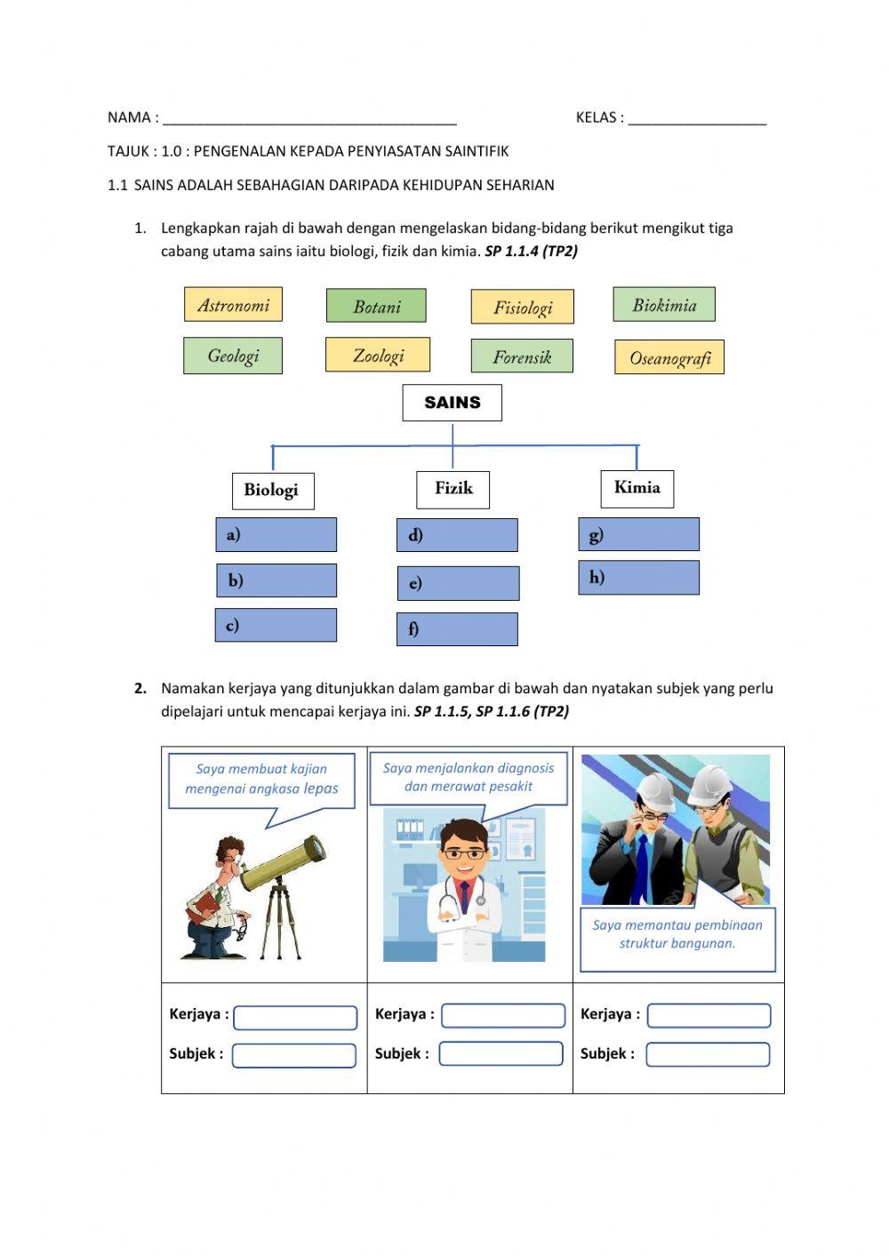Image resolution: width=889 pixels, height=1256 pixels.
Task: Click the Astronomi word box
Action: pos(233,305)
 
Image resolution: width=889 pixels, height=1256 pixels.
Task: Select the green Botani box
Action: pos(376,306)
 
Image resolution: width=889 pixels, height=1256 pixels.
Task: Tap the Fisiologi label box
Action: pos(522,308)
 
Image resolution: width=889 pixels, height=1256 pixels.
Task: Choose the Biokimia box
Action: pos(664,305)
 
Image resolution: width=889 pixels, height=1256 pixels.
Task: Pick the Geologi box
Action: pos(233,356)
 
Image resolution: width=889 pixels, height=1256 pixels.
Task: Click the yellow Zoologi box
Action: pos(378,355)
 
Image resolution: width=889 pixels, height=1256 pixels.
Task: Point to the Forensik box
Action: pos(522,356)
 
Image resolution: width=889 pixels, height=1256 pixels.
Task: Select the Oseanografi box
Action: pos(669,357)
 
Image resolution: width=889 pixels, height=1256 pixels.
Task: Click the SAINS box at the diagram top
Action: pos(452,403)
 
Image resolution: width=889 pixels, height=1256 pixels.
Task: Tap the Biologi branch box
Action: pos(271,490)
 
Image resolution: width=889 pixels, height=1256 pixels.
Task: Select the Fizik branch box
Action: pos(453,488)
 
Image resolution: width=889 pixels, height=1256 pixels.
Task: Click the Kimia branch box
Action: pos(637,488)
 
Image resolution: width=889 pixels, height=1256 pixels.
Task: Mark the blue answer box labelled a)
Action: pos(276,535)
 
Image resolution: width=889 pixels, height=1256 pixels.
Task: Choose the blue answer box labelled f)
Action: pos(457,628)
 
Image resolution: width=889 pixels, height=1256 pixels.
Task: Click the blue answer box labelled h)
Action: pos(638,578)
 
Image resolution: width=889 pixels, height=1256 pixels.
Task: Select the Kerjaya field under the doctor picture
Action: pos(503,1015)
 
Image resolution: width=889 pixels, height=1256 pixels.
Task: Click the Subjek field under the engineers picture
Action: pos(708,1054)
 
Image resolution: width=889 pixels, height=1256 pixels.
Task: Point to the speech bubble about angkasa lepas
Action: pos(261,780)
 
